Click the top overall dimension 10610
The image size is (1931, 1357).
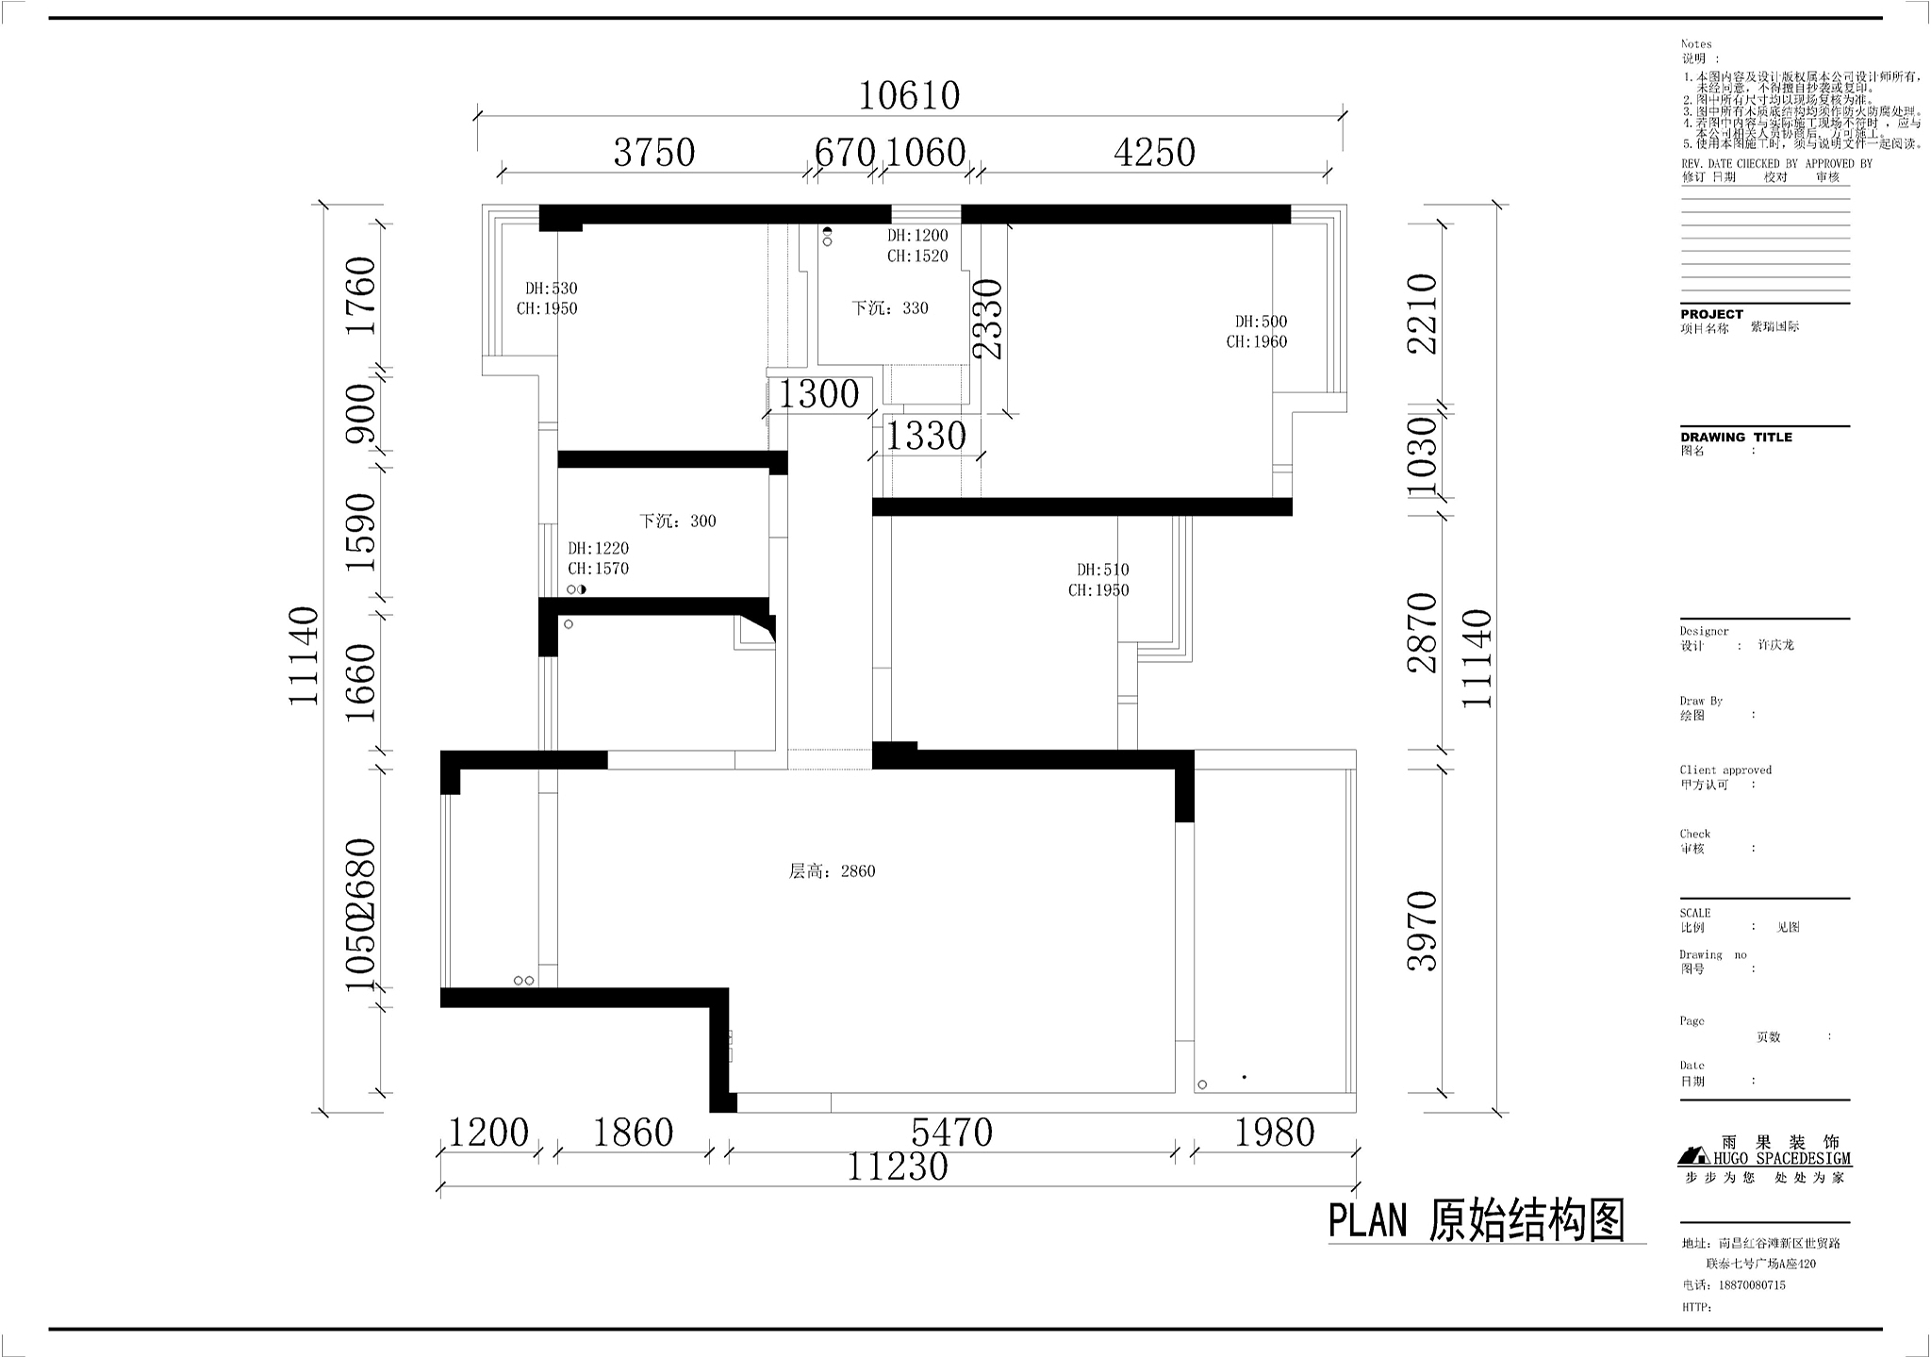[x=909, y=95]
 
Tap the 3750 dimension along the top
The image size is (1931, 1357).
[x=653, y=153]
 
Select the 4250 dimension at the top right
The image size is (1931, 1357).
[x=1154, y=153]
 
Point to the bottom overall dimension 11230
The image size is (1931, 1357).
[x=897, y=1167]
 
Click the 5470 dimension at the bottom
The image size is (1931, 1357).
[x=951, y=1133]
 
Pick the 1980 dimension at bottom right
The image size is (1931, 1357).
[x=1274, y=1133]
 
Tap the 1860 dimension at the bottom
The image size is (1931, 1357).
[x=633, y=1133]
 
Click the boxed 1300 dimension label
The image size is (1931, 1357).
[x=817, y=394]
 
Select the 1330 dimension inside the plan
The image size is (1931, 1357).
[x=925, y=436]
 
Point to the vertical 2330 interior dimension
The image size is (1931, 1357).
[x=987, y=319]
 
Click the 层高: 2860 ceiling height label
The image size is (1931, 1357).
[x=832, y=871]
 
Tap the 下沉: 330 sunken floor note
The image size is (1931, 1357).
[x=890, y=308]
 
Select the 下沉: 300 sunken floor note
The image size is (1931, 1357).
[x=677, y=521]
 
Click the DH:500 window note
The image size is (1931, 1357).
[x=1261, y=322]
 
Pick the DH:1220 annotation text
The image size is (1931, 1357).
[x=598, y=548]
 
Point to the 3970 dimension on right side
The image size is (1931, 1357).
[x=1422, y=930]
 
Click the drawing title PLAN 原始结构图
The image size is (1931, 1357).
[x=1477, y=1221]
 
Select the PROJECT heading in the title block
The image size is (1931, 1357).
[x=1711, y=314]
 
